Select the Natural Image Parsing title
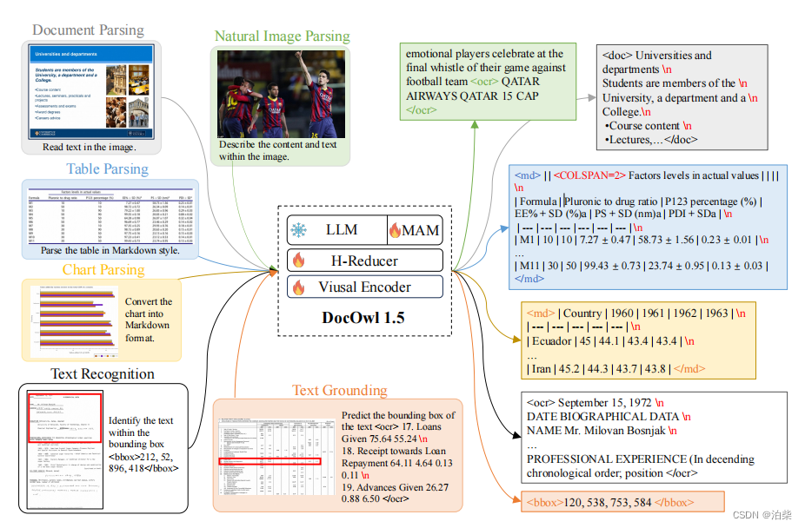click(x=282, y=36)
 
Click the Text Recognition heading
click(x=103, y=374)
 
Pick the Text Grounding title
click(x=339, y=390)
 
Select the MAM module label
click(x=414, y=230)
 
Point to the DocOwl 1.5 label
click(x=363, y=317)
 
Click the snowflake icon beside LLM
click(x=299, y=231)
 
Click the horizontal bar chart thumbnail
click(x=73, y=321)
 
